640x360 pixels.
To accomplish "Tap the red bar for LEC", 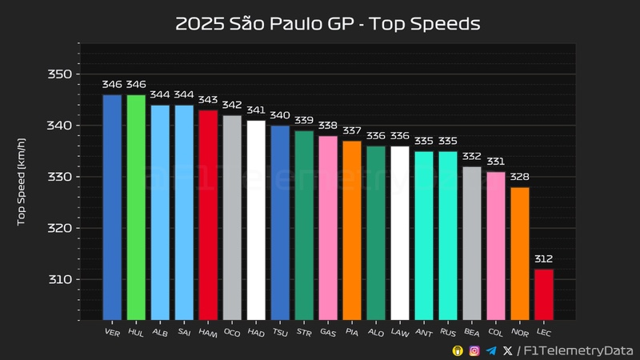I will point(543,294).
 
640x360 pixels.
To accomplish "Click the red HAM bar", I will point(208,214).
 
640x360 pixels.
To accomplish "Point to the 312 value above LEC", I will point(543,259).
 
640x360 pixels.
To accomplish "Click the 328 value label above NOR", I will point(519,177).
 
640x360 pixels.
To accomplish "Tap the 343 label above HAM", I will point(208,100).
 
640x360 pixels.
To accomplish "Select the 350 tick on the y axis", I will point(61,74).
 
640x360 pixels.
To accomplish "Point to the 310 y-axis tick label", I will point(61,279).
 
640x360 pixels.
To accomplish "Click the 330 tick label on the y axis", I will point(61,177).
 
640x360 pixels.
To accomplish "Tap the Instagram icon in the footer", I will point(474,350).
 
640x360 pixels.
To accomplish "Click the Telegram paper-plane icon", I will point(491,350).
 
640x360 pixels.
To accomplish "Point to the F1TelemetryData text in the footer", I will point(578,350).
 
